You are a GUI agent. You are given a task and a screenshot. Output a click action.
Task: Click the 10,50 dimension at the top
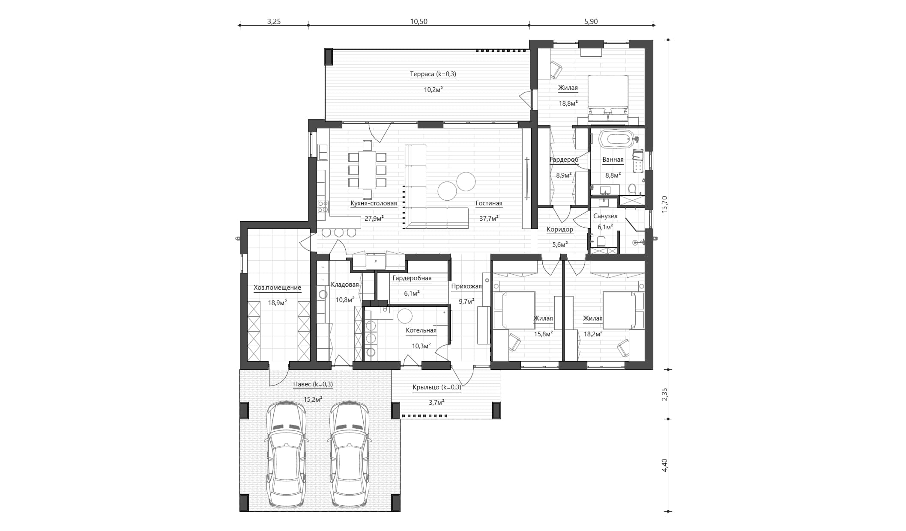[x=419, y=22]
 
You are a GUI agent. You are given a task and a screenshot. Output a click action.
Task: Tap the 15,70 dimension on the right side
[x=664, y=204]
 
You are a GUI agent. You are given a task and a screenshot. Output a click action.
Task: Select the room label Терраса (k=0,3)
[x=433, y=74]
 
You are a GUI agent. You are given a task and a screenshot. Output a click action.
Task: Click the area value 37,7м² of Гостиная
[x=489, y=219]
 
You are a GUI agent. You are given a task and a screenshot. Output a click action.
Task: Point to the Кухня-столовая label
[x=374, y=204]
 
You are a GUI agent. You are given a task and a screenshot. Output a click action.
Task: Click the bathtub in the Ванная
[x=615, y=139]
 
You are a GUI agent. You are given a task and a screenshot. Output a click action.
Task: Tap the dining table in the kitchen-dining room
[x=367, y=170]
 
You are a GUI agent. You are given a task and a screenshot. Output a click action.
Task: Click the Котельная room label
[x=421, y=330]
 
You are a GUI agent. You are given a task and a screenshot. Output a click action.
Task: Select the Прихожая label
[x=466, y=287]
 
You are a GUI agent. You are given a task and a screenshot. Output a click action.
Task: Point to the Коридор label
[x=560, y=230]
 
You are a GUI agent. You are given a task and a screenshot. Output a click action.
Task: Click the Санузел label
[x=605, y=217]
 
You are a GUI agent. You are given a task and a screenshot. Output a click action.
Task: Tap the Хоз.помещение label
[x=277, y=288]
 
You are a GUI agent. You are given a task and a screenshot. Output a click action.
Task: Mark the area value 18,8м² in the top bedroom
[x=568, y=103]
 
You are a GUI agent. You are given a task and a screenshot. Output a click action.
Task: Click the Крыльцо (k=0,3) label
[x=437, y=388]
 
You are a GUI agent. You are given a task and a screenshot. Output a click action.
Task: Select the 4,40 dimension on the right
[x=664, y=465]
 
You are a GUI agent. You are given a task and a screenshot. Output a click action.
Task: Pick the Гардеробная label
[x=412, y=279]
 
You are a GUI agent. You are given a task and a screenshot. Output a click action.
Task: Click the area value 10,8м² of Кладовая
[x=345, y=300]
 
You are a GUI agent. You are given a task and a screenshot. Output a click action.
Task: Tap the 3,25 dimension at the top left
[x=274, y=22]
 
